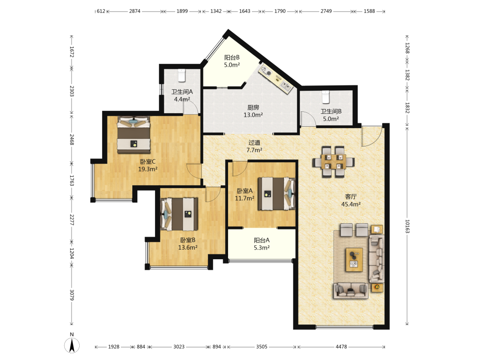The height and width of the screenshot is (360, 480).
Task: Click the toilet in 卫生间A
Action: [x=182, y=75]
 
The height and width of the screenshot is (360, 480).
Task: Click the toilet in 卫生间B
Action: [x=325, y=97]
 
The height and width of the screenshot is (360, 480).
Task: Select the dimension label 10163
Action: [x=408, y=226]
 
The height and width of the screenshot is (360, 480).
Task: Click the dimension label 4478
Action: [x=341, y=347]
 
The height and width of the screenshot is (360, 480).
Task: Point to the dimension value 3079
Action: [x=72, y=295]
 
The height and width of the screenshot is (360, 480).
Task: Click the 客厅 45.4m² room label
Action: [x=351, y=201]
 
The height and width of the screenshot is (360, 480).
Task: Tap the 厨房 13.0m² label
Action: [x=253, y=111]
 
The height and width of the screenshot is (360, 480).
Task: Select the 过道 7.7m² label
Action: [x=254, y=146]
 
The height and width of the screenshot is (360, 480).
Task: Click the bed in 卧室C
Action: [x=134, y=135]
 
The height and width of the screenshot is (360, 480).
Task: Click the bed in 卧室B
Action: [x=179, y=214]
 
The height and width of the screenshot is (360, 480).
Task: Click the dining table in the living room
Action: [x=334, y=162]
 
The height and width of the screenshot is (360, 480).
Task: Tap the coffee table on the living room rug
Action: [x=354, y=260]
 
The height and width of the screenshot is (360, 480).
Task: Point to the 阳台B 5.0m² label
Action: [x=232, y=61]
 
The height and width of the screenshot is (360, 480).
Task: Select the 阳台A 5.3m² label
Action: [x=262, y=244]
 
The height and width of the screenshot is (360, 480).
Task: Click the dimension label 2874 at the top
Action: [x=135, y=11]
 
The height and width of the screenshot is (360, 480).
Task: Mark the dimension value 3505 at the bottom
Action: [x=262, y=347]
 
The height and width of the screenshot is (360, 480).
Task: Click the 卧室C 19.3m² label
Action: [x=148, y=165]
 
